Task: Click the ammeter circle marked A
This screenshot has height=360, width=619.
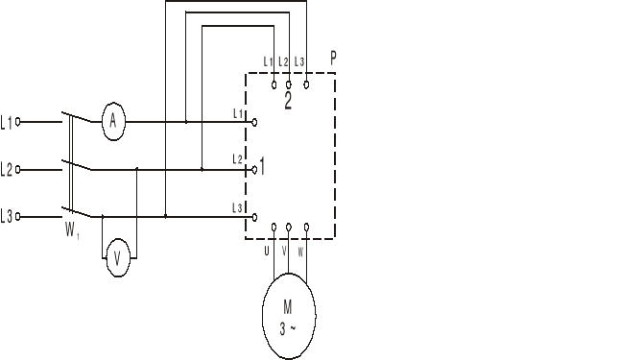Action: pyautogui.click(x=113, y=121)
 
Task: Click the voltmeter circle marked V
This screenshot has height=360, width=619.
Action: pyautogui.click(x=117, y=258)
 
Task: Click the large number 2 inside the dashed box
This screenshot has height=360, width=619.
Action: pyautogui.click(x=288, y=103)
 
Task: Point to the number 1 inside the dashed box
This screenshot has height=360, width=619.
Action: pyautogui.click(x=262, y=168)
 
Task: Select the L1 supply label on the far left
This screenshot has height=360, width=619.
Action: pyautogui.click(x=8, y=122)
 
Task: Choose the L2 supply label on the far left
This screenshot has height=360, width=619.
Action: pyautogui.click(x=8, y=169)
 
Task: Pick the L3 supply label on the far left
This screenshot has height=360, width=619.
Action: pyautogui.click(x=8, y=217)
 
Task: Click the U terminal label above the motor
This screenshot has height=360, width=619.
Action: pyautogui.click(x=267, y=252)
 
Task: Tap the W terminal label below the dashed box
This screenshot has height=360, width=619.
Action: pyautogui.click(x=301, y=252)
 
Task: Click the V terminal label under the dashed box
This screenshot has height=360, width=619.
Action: pyautogui.click(x=284, y=252)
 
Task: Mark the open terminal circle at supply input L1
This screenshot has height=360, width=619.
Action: pyautogui.click(x=18, y=122)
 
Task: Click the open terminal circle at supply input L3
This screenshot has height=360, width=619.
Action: pyautogui.click(x=18, y=217)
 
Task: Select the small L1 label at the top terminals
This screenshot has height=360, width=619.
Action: pyautogui.click(x=268, y=62)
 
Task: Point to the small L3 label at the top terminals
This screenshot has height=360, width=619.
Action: pyautogui.click(x=300, y=62)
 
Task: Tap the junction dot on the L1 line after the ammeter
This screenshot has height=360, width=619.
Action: pyautogui.click(x=186, y=122)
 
